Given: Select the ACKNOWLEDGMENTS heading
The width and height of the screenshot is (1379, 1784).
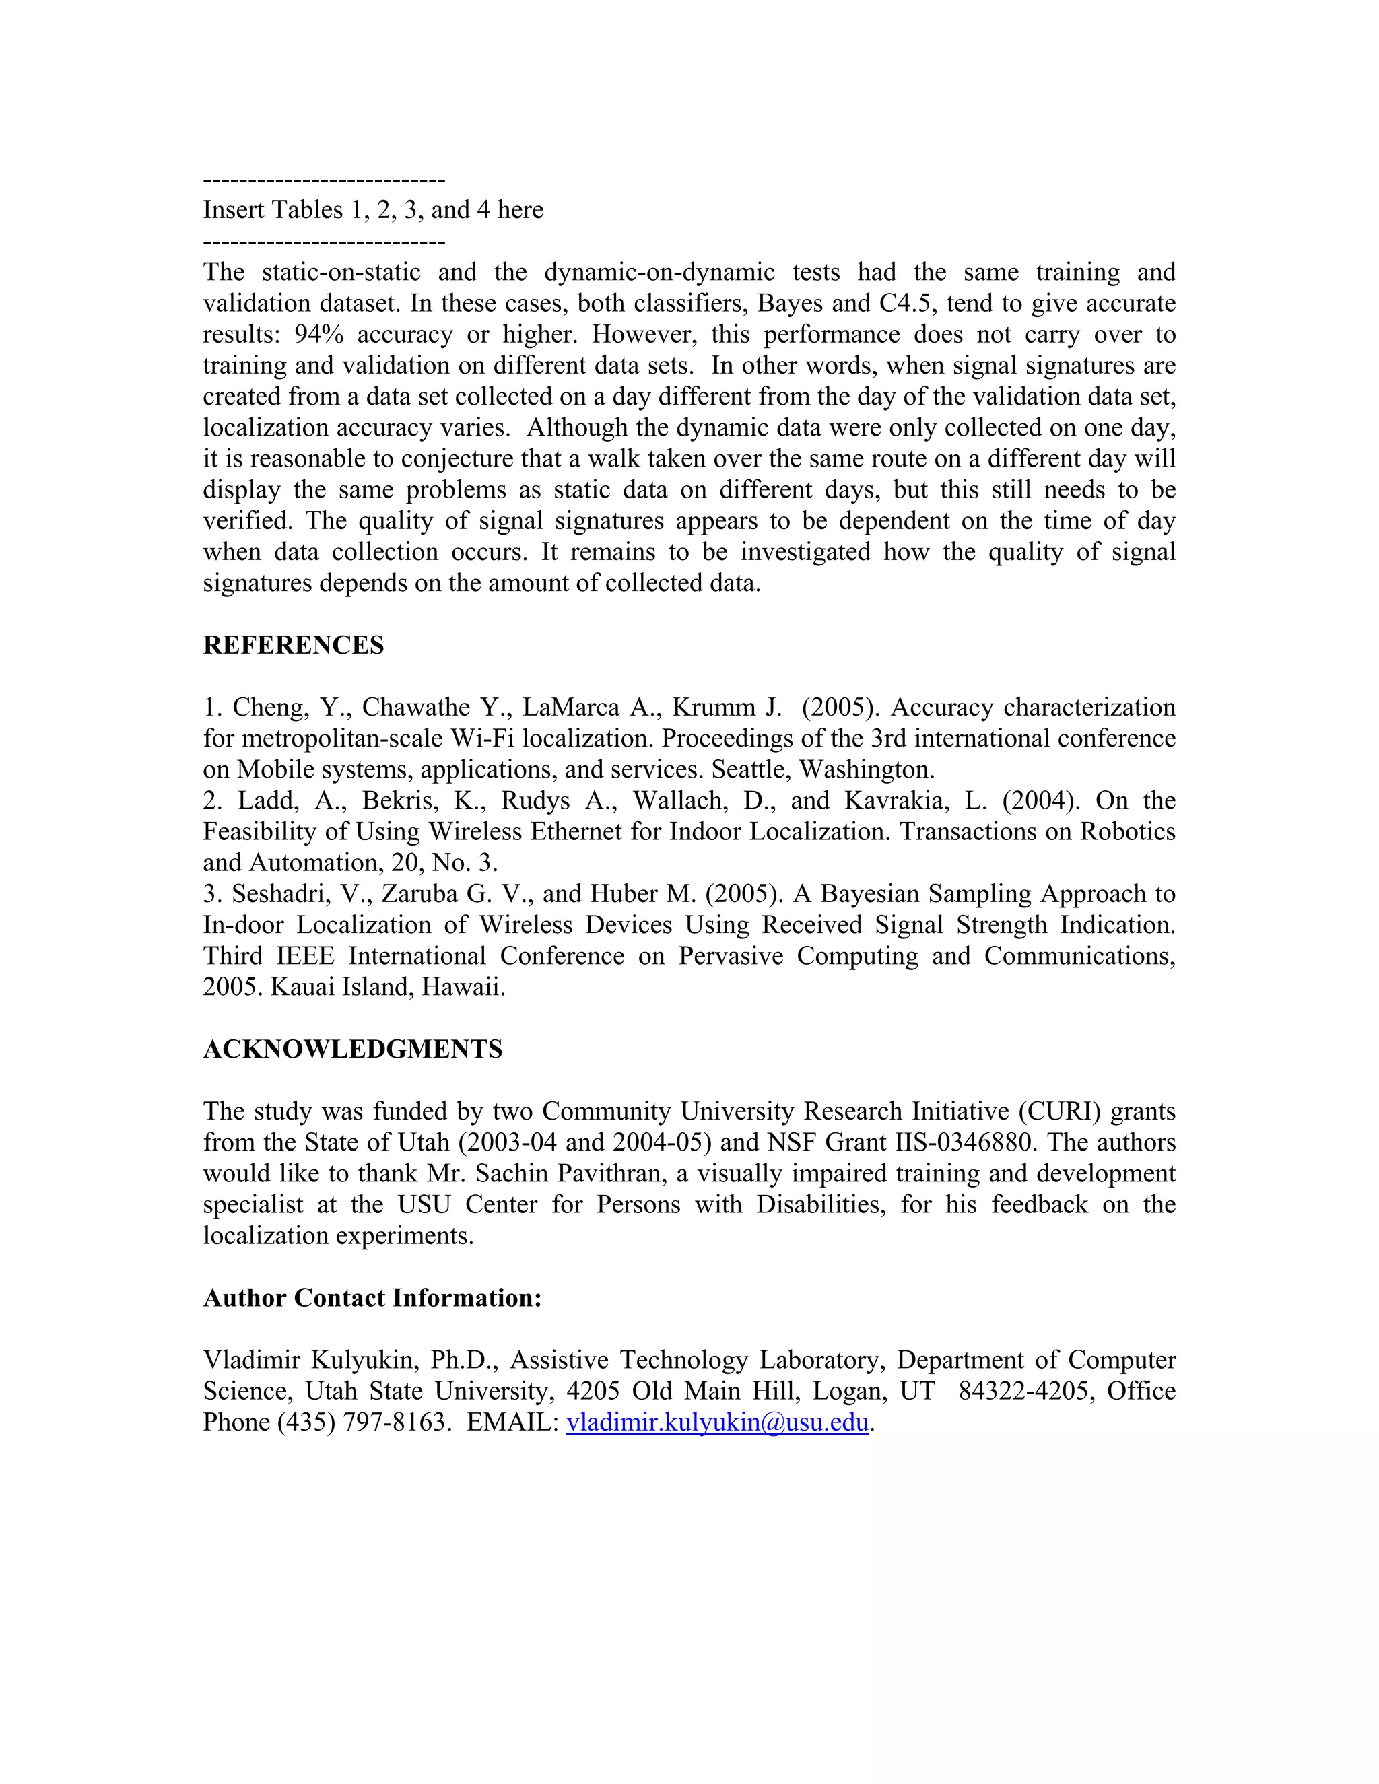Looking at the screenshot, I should tap(352, 1050).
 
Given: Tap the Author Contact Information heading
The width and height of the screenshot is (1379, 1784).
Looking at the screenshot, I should tap(372, 1298).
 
